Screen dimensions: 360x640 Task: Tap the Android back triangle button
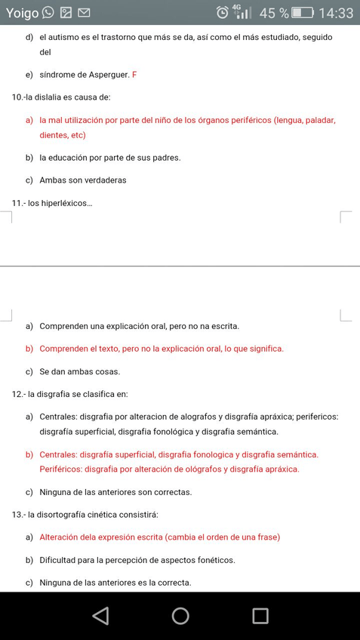[100, 616]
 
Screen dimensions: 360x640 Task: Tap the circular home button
[180, 616]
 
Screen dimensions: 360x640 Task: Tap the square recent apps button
[260, 616]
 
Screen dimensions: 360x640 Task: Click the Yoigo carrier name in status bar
[22, 13]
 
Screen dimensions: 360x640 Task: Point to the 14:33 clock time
[336, 13]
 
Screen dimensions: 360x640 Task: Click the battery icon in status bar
[303, 13]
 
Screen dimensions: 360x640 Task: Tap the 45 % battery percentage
[274, 13]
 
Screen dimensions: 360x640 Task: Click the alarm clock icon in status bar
[223, 13]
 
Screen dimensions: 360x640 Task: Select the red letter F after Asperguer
[134, 75]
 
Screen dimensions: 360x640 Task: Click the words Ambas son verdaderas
[83, 180]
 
